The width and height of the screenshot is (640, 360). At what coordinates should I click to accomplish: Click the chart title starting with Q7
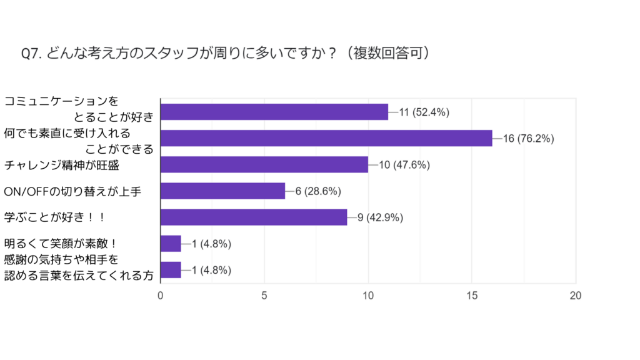[x=226, y=54]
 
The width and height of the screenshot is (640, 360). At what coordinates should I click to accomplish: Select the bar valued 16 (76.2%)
[x=326, y=138]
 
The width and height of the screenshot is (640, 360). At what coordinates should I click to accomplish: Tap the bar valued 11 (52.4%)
[x=274, y=112]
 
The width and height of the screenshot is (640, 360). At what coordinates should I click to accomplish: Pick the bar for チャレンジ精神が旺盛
[x=264, y=164]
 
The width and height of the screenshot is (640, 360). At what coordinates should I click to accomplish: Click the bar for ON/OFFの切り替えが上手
[x=223, y=191]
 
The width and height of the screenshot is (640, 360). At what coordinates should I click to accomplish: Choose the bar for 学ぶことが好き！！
[x=254, y=217]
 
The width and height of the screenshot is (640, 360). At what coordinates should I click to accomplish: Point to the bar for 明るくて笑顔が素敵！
[x=171, y=243]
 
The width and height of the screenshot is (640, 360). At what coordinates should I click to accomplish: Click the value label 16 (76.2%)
[x=528, y=139]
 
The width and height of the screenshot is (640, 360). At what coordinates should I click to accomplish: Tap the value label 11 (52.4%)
[x=424, y=112]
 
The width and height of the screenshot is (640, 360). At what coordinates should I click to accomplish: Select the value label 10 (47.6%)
[x=404, y=165]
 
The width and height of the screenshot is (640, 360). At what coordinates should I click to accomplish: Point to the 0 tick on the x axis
[x=161, y=296]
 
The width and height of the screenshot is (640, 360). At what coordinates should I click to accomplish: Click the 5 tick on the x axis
[x=264, y=296]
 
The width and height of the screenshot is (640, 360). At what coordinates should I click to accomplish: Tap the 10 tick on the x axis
[x=368, y=296]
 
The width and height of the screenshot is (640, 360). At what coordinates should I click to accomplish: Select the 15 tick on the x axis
[x=472, y=296]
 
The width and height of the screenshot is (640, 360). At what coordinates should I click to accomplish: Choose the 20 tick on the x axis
[x=576, y=296]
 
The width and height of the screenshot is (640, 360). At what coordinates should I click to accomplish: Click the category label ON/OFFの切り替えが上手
[x=72, y=191]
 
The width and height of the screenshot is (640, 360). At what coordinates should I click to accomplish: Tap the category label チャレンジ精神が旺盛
[x=61, y=165]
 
